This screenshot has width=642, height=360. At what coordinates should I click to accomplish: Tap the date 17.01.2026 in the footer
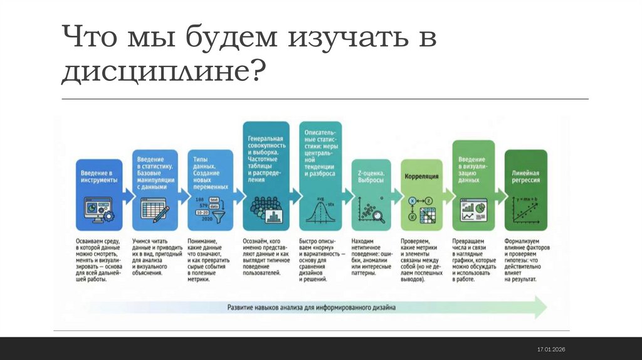(551, 349)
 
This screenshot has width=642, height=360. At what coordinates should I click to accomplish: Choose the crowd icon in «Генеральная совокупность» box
(264, 209)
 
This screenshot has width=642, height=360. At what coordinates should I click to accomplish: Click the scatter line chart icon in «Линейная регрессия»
(525, 209)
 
